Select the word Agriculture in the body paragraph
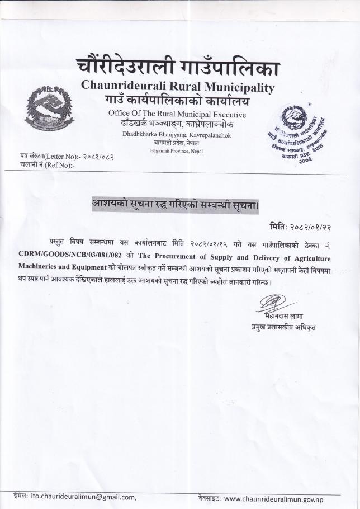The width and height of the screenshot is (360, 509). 306,254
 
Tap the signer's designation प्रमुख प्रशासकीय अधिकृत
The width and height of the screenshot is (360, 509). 283,327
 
